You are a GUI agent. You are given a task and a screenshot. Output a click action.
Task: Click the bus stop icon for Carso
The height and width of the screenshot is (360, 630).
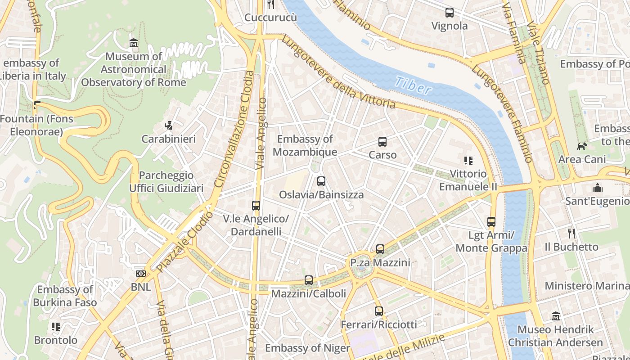[382, 142]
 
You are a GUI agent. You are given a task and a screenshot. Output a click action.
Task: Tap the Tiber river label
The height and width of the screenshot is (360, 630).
[413, 85]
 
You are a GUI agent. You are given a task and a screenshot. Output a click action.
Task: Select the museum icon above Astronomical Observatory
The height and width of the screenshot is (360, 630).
[134, 43]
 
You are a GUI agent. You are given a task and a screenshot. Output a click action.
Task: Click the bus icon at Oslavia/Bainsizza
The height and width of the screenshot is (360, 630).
[321, 181]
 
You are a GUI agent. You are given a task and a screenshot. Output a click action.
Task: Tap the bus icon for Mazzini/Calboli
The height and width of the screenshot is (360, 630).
[309, 280]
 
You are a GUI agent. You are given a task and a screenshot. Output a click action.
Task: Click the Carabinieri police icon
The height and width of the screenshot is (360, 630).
[169, 126]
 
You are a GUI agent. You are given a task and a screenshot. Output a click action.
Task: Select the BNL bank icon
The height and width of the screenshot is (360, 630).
[141, 274]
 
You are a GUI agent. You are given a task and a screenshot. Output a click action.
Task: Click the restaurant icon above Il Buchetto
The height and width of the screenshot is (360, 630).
[571, 234]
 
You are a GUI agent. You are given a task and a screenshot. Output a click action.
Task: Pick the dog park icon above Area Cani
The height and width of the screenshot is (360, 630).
[582, 146]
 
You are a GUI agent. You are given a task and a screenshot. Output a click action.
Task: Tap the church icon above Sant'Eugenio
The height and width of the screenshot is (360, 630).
[597, 188]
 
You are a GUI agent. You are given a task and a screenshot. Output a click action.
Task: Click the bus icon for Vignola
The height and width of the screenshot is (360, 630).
[450, 13]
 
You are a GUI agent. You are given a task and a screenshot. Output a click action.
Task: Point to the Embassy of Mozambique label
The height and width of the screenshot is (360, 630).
[305, 145]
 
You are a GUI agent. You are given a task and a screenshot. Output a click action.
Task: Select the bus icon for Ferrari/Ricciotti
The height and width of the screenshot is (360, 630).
[379, 311]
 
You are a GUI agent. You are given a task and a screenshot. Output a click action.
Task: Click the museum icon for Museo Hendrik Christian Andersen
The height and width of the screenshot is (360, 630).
[556, 316]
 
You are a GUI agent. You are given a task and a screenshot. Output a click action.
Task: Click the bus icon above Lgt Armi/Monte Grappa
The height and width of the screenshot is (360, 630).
[491, 222]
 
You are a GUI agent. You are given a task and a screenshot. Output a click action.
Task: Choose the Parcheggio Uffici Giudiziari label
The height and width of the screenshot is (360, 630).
[166, 182]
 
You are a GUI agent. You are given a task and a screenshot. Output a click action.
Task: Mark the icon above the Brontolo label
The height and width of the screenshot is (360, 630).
[56, 327]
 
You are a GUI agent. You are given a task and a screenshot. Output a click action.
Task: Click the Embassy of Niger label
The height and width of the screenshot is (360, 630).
[307, 348]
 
